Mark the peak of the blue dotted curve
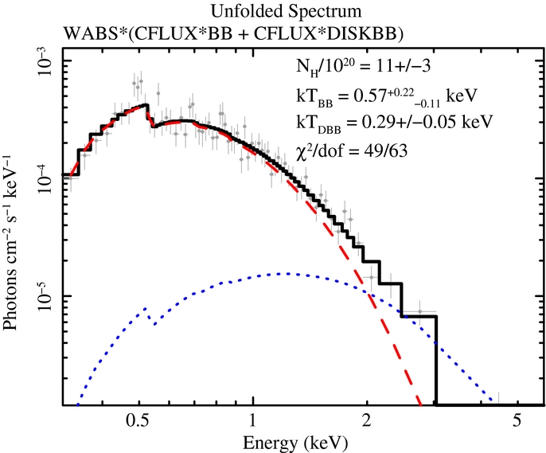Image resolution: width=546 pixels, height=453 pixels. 283,274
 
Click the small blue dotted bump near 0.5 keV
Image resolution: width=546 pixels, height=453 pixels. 146,307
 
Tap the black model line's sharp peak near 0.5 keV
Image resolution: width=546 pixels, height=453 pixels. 146,105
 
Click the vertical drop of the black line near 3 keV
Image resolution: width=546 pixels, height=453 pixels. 436,358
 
